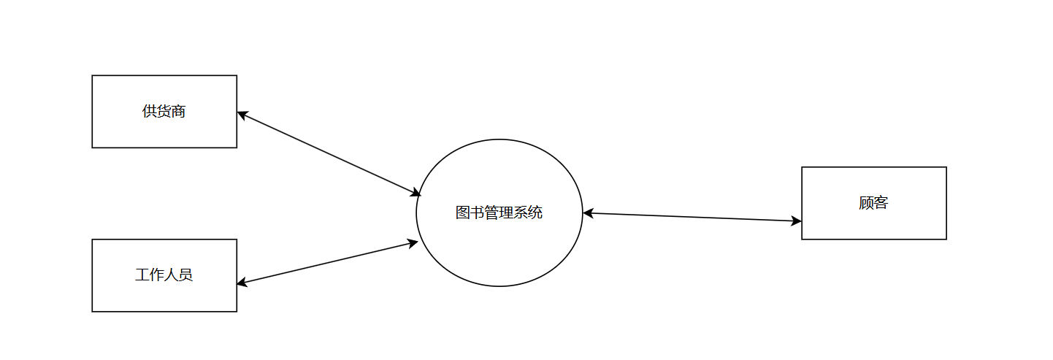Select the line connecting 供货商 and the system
point(329,153)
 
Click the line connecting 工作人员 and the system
point(327,262)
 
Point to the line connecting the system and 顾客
point(692,217)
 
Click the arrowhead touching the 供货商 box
point(242,115)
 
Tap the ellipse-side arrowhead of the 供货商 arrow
point(416,194)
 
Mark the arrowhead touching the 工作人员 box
point(242,283)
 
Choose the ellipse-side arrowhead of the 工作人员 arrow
point(413,242)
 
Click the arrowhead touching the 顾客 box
point(797,221)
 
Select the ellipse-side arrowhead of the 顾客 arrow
point(589,213)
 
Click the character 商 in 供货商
point(179,112)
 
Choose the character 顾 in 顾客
point(867,203)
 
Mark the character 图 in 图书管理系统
point(463,212)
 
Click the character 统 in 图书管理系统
point(535,212)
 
